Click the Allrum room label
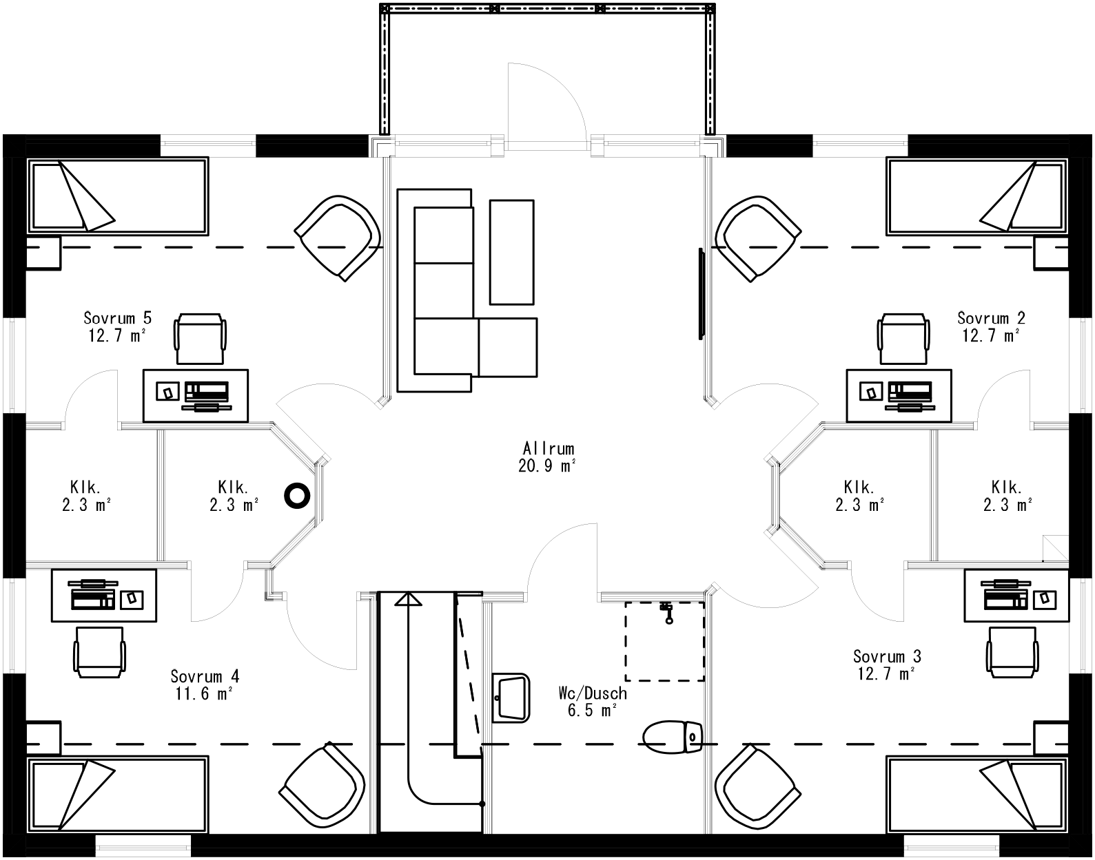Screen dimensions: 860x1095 point(549,449)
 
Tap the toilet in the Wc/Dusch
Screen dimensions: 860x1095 point(672,735)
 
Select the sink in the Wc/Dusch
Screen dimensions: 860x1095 point(511,698)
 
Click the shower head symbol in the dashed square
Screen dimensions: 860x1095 point(666,613)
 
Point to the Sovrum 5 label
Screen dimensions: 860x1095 point(117,318)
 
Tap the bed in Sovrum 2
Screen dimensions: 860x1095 point(977,196)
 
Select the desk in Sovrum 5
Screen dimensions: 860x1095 point(195,395)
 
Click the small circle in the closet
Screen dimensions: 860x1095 point(298,494)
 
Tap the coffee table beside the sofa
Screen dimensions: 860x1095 point(511,251)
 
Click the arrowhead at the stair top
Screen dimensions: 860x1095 point(408,599)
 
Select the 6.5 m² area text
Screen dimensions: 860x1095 point(591,711)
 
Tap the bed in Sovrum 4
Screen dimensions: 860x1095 point(117,795)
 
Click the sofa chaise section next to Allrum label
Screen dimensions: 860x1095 point(508,347)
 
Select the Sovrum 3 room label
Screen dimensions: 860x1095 point(887,656)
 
